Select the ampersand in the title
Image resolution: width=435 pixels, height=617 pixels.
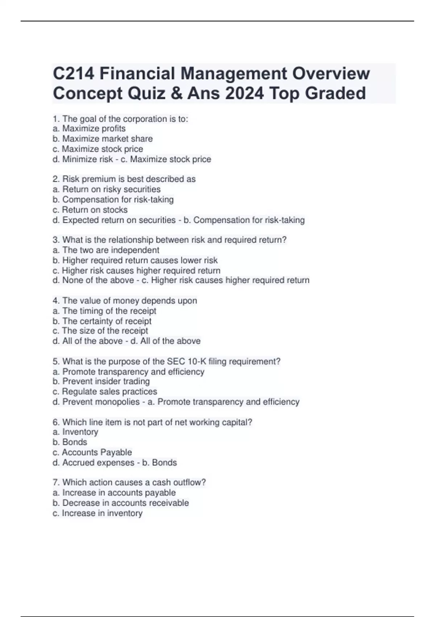pos(175,93)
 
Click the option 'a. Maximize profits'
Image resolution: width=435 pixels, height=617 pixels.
pos(89,128)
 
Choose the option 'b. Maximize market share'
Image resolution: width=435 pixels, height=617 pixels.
pos(103,139)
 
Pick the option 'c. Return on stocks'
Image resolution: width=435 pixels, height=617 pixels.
pos(90,210)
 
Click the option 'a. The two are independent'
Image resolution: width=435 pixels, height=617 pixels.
pos(106,250)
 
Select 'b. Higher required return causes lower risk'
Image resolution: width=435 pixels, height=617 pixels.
pos(135,260)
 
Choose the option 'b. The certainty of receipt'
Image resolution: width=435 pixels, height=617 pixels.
pos(102,321)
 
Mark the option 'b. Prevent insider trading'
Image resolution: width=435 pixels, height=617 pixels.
pos(101,381)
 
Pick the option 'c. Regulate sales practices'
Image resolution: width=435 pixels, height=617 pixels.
pos(105,391)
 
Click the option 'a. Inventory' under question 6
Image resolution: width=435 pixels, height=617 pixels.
pos(75,432)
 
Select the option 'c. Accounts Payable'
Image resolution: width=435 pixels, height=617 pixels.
pos(92,452)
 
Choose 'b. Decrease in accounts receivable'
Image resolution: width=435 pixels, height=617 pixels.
pos(121,503)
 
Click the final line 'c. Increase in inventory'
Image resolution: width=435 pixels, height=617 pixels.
pos(98,513)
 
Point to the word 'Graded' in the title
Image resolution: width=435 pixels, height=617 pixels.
pos(335,93)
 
